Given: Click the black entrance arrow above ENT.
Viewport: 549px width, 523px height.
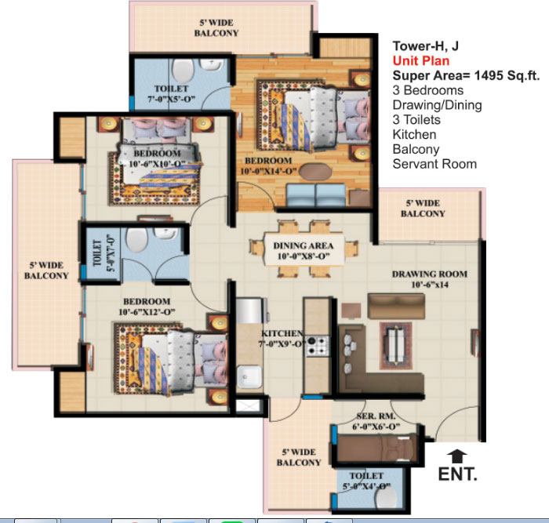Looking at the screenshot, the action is pyautogui.click(x=457, y=456).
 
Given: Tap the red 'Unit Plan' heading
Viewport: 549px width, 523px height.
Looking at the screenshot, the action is pyautogui.click(x=421, y=61).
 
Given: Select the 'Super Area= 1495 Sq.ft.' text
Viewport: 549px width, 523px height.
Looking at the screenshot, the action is pyautogui.click(x=466, y=75).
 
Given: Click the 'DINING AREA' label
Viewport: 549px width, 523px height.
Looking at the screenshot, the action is pyautogui.click(x=304, y=245).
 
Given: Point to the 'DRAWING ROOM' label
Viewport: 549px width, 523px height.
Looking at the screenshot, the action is pyautogui.click(x=430, y=274).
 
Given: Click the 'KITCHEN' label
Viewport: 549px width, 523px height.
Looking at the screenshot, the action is pyautogui.click(x=282, y=333).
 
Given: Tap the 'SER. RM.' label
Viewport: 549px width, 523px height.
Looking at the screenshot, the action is pyautogui.click(x=376, y=416).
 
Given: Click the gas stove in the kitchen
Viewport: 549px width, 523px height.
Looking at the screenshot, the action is pyautogui.click(x=318, y=346).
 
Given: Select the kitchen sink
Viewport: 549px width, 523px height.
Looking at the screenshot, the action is pyautogui.click(x=249, y=376).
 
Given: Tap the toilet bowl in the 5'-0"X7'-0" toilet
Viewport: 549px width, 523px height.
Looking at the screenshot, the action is pyautogui.click(x=137, y=240).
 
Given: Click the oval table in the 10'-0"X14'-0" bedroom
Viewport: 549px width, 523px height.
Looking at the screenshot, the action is pyautogui.click(x=315, y=172).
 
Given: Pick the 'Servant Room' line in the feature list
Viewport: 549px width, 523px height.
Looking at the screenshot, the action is pyautogui.click(x=434, y=164).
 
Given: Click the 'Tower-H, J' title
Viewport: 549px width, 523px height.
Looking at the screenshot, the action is pyautogui.click(x=425, y=45).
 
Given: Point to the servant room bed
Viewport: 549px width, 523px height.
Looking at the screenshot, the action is pyautogui.click(x=377, y=449).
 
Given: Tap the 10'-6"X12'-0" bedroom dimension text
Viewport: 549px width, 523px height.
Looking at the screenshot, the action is pyautogui.click(x=147, y=312).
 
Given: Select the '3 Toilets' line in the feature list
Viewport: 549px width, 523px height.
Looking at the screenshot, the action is pyautogui.click(x=416, y=120).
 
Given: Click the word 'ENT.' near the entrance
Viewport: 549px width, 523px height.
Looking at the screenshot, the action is pyautogui.click(x=457, y=474).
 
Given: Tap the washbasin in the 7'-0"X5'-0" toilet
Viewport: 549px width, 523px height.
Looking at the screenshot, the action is pyautogui.click(x=212, y=64).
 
